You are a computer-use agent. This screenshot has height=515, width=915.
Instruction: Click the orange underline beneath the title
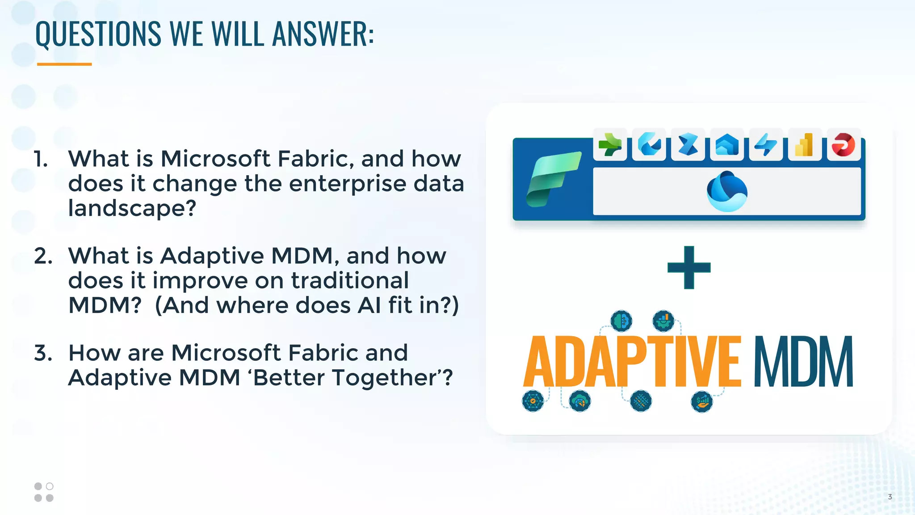click(x=64, y=64)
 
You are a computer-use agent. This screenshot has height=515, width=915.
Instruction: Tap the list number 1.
click(x=41, y=159)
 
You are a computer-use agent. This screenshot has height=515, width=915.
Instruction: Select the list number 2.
click(x=43, y=256)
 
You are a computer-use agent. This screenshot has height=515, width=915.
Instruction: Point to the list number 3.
click(x=43, y=353)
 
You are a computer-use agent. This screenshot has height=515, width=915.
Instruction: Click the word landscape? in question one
click(x=132, y=208)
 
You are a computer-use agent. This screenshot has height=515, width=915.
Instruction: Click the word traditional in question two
click(x=350, y=281)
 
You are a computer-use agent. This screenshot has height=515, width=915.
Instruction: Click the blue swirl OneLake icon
click(x=727, y=191)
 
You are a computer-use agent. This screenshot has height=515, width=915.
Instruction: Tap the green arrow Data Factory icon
click(x=610, y=145)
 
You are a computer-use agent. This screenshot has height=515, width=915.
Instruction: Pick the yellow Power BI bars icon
click(x=805, y=145)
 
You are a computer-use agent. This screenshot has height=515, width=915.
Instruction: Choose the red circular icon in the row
click(x=844, y=145)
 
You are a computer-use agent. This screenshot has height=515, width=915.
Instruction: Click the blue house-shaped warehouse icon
click(x=727, y=145)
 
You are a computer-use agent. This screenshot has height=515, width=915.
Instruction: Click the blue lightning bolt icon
click(x=766, y=145)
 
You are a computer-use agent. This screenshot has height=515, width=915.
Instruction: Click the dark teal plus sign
click(x=689, y=267)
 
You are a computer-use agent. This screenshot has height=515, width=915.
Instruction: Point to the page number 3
click(x=890, y=497)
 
